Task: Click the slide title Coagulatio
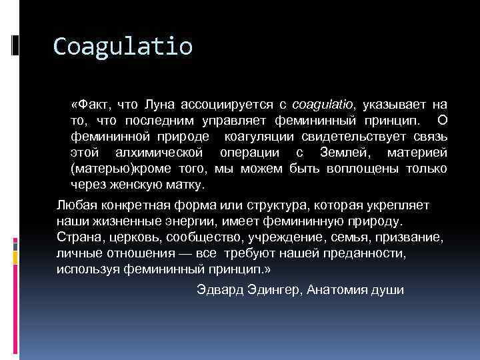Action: point(123,47)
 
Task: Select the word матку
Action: point(187,184)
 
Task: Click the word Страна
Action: point(77,237)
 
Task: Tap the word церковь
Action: point(132,237)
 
